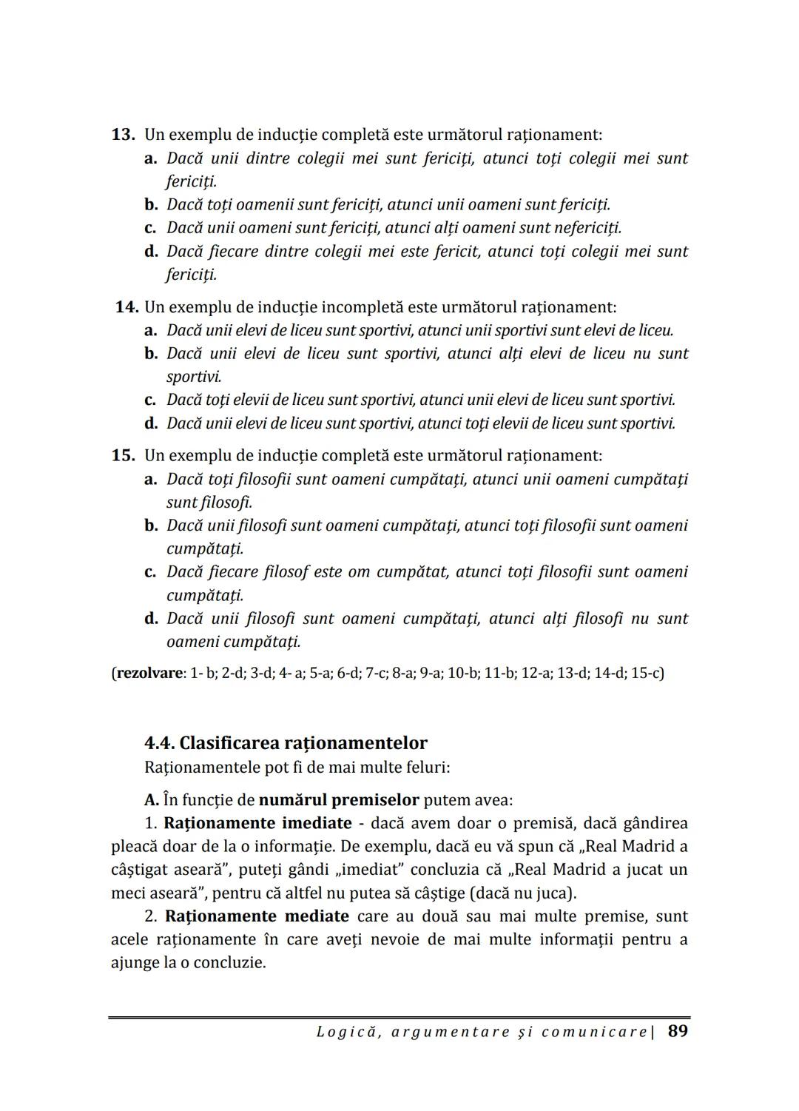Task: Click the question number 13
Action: point(123,135)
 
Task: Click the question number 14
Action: point(127,306)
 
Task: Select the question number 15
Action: point(123,455)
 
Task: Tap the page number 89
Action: point(678,1031)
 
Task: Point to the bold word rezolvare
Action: point(149,673)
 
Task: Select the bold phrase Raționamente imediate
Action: point(257,823)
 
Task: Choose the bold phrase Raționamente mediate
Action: point(257,916)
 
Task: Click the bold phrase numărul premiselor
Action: point(339,800)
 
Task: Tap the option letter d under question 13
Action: point(151,252)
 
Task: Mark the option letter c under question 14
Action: point(150,400)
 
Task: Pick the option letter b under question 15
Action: point(151,526)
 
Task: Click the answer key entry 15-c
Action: point(647,673)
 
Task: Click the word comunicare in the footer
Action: point(593,1032)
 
